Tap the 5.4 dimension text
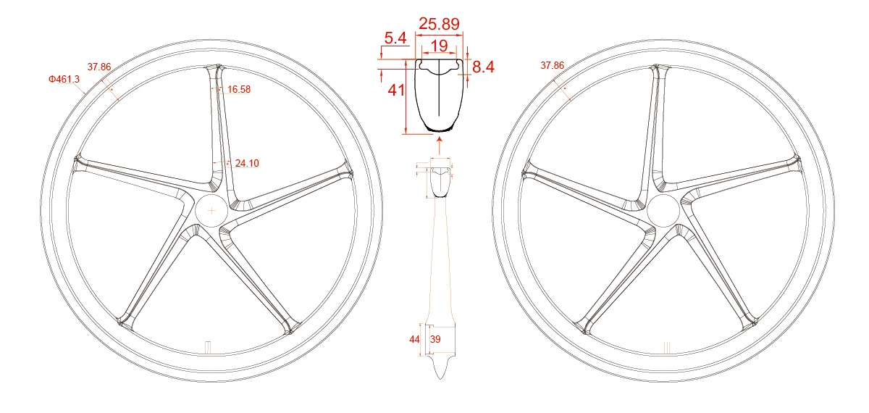coord(395,38)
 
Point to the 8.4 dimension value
coord(483,67)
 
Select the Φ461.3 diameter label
coord(64,79)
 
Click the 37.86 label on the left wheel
coord(99,67)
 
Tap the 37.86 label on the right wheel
coord(552,65)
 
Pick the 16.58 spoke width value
coord(238,89)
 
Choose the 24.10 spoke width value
coord(247,164)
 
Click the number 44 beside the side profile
coord(415,339)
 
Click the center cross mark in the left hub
coord(211,210)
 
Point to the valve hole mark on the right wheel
coord(666,347)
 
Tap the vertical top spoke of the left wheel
coord(218,123)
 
